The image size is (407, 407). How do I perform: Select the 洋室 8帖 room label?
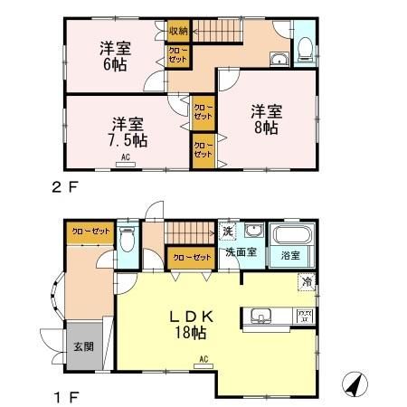click(265, 118)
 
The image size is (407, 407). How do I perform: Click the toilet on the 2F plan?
click(306, 47)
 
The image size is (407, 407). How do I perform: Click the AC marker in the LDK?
click(203, 359)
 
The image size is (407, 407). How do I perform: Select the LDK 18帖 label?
click(193, 324)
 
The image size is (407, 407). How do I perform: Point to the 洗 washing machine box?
click(229, 232)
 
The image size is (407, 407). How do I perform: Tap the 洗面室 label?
click(241, 252)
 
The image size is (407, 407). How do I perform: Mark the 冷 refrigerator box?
click(307, 282)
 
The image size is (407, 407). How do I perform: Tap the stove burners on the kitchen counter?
click(304, 317)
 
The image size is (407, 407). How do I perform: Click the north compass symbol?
click(355, 384)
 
